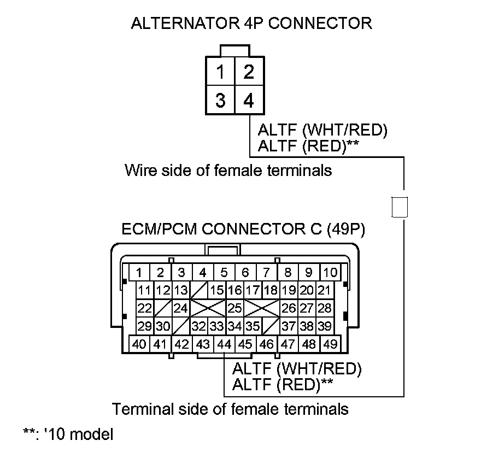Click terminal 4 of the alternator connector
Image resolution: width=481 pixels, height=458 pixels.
click(x=248, y=101)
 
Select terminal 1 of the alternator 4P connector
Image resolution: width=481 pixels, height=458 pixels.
click(x=220, y=72)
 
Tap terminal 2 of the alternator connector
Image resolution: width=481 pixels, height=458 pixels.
click(x=248, y=72)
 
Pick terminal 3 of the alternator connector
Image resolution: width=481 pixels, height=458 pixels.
click(x=220, y=101)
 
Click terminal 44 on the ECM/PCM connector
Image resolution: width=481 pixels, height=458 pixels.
click(x=224, y=344)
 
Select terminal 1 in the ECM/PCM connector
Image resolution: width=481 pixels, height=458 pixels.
click(x=139, y=272)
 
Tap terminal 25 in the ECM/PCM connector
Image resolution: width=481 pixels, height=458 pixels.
click(x=234, y=308)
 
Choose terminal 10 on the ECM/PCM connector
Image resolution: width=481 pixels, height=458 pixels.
click(x=330, y=272)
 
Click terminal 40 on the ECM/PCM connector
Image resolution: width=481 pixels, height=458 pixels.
click(x=139, y=344)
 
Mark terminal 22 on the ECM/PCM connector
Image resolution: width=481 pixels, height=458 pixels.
click(x=144, y=308)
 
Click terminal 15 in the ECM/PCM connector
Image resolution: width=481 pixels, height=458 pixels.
click(x=218, y=290)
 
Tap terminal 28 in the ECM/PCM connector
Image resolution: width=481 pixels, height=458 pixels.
click(x=325, y=308)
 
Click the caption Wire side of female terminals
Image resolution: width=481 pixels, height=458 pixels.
click(x=228, y=171)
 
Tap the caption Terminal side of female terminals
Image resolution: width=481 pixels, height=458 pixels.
click(x=230, y=408)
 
